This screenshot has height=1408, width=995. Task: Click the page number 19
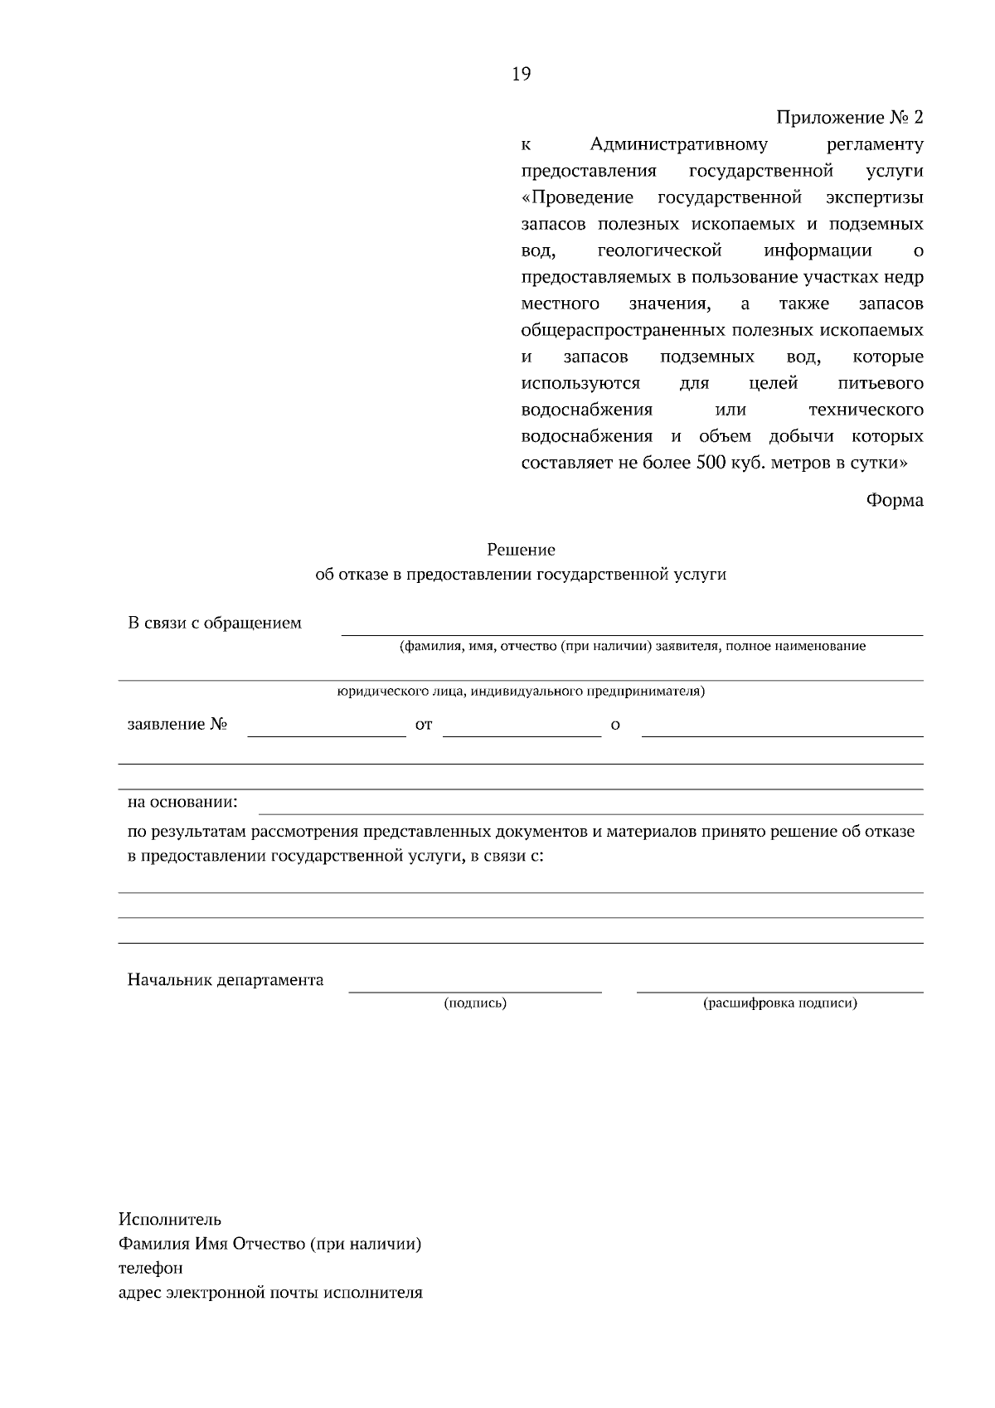click(x=521, y=75)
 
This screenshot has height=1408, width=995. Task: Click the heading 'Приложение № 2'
click(x=849, y=117)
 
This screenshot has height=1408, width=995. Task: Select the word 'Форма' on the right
click(x=895, y=500)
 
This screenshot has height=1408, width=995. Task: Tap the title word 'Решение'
click(x=521, y=549)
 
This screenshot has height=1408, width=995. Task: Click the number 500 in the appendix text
click(x=707, y=463)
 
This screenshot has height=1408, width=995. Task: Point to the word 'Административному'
click(x=679, y=144)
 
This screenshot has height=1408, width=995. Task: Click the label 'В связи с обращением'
click(x=215, y=623)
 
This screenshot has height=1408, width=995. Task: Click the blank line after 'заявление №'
click(x=327, y=734)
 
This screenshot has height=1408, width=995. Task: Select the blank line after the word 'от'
click(x=522, y=734)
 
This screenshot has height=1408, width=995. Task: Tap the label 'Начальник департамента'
click(x=226, y=980)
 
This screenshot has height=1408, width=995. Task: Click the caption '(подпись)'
click(x=475, y=1003)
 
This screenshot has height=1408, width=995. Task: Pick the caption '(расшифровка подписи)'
click(x=779, y=1003)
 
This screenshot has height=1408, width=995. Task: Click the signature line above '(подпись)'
click(x=475, y=990)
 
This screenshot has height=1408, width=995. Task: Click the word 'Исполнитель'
click(x=170, y=1219)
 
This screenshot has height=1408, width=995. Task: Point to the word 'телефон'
click(x=151, y=1268)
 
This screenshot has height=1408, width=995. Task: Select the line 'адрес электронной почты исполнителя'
click(x=270, y=1293)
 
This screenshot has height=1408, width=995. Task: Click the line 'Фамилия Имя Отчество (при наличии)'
click(x=270, y=1244)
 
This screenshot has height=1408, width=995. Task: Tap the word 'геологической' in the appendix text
click(x=659, y=250)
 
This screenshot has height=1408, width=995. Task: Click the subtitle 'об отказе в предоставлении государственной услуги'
click(x=521, y=574)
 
